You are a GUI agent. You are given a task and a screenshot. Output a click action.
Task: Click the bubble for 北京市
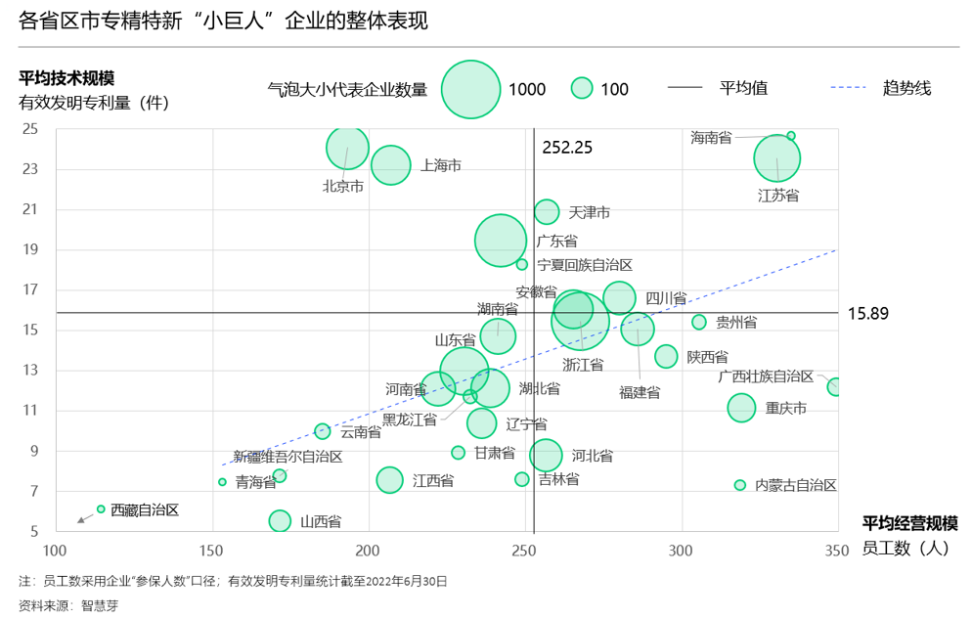(347, 149)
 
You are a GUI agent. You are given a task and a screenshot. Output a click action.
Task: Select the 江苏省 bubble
(777, 158)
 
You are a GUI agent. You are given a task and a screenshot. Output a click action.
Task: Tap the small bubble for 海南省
(791, 136)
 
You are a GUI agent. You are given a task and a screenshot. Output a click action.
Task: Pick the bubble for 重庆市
(742, 408)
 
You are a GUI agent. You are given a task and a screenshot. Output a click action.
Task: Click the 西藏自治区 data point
(101, 508)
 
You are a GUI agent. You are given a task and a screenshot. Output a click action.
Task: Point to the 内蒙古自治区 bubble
(740, 485)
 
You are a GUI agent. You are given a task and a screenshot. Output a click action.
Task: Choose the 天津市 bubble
(547, 211)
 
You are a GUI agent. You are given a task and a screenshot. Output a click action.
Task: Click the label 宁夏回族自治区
(585, 265)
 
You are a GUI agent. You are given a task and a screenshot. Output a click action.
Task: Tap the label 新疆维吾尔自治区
(287, 457)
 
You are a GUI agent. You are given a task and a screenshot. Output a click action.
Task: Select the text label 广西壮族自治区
(766, 376)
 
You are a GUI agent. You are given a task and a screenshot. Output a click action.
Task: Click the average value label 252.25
(568, 148)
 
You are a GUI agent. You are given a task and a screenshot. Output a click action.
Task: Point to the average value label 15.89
(867, 314)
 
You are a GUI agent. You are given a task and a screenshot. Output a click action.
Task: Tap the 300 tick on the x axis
(681, 550)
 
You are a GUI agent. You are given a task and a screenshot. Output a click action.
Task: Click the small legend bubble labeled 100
(583, 89)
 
